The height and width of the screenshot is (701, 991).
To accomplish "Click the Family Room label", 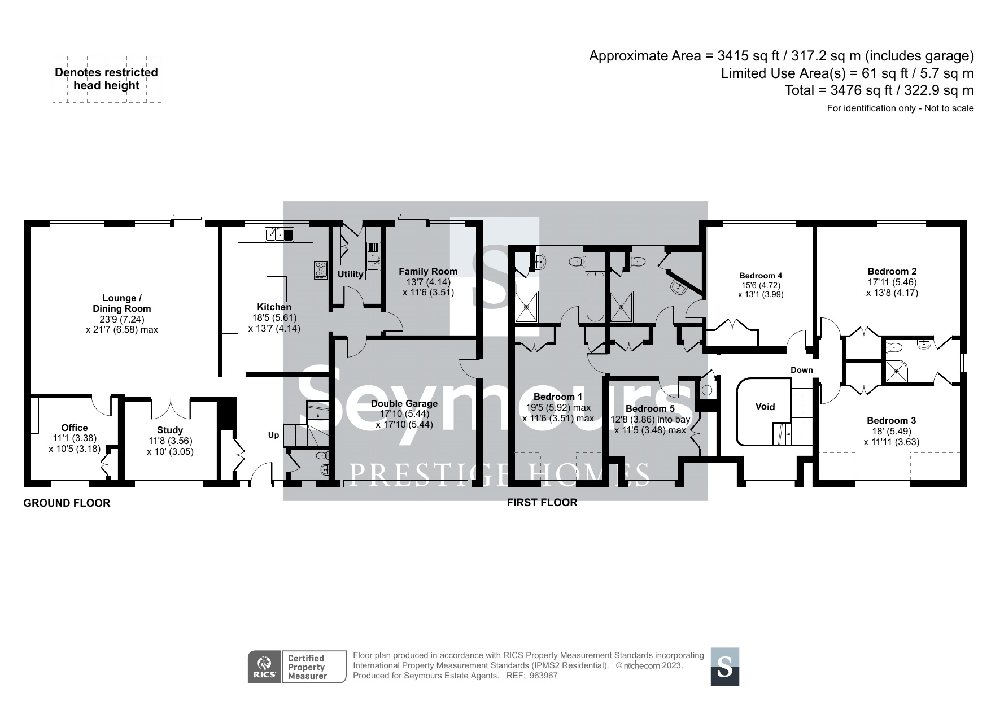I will click(427, 271).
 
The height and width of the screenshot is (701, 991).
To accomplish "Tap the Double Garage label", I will click(404, 403).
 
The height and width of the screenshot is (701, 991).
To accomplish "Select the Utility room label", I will click(350, 274).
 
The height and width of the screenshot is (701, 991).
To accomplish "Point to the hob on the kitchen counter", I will click(321, 269).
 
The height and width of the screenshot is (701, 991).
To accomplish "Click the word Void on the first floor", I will click(765, 407).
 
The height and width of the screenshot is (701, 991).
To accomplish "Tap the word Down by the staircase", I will click(801, 370).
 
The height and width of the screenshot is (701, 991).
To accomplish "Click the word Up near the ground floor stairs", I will click(273, 435).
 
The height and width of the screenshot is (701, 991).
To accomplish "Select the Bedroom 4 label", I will click(761, 276).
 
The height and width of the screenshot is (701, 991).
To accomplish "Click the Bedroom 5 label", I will click(650, 408).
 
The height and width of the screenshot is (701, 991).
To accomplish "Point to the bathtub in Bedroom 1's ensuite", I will click(595, 296).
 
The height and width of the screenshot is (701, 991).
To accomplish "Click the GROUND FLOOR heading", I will click(67, 503).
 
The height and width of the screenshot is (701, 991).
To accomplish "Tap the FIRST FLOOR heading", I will click(542, 502).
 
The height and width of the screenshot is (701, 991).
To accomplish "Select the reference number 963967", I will click(544, 676).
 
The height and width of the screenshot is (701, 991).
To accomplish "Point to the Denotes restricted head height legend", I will click(106, 79).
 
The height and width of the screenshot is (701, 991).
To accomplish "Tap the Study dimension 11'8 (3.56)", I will click(170, 441).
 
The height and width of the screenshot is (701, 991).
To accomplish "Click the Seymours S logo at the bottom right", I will click(724, 667).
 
